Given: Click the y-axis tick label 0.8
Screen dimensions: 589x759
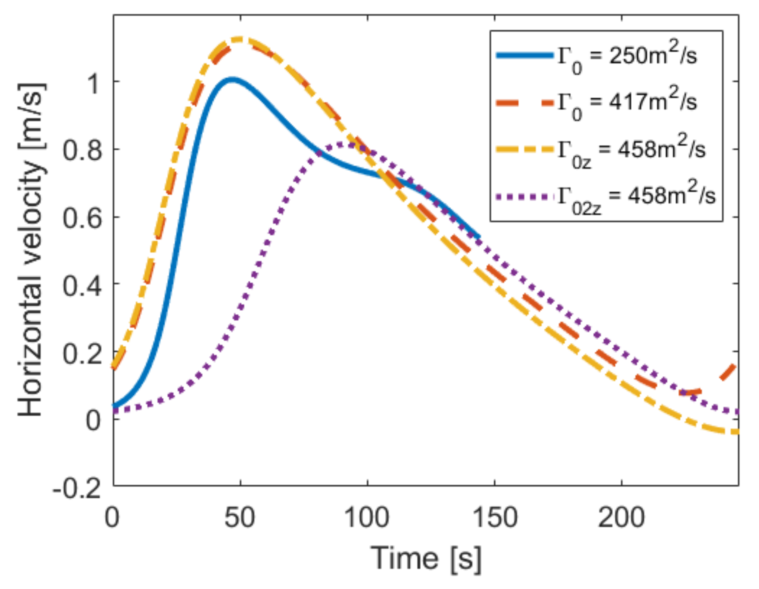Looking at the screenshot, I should tap(82, 150).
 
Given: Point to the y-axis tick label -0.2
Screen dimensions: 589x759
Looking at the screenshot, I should tap(76, 489).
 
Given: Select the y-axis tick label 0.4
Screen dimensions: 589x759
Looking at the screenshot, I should tap(82, 285).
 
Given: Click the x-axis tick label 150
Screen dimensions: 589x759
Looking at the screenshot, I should tap(494, 517).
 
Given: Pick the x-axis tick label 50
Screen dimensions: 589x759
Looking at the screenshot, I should tap(240, 517).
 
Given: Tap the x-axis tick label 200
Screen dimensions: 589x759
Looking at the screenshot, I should tap(621, 517).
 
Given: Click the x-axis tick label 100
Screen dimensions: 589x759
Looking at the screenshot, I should tap(367, 517).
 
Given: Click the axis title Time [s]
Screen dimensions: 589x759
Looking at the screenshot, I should tap(426, 558).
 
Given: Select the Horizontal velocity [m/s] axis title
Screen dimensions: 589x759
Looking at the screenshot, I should tap(31, 249).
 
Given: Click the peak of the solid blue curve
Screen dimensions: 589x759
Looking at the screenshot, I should tap(232, 79).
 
